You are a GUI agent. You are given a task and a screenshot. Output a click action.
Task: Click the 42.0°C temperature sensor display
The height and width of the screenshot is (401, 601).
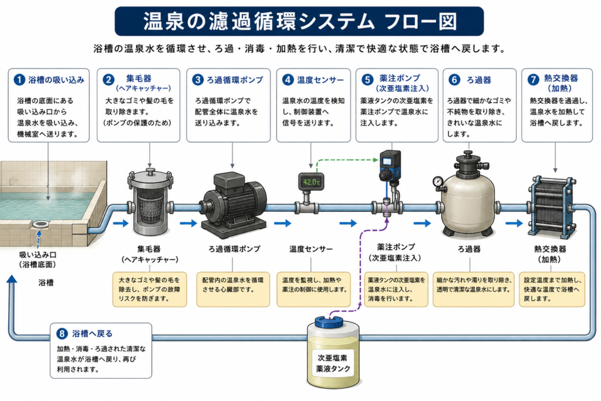tap(311, 182)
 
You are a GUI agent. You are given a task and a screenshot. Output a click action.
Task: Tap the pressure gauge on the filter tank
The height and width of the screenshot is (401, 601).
tap(438, 182)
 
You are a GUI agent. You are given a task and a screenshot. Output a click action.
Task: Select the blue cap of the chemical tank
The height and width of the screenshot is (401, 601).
tap(329, 322)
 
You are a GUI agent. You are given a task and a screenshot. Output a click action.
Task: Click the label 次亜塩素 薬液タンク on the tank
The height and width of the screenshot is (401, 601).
tap(333, 363)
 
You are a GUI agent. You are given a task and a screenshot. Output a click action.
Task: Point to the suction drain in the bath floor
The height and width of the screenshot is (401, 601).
tap(40, 224)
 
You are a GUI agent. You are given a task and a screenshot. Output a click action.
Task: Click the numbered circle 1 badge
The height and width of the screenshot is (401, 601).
tap(19, 80)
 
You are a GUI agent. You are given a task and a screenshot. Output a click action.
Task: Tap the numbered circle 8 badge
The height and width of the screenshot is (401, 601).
tap(62, 333)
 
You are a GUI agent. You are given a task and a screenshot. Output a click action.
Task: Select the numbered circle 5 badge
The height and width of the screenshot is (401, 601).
tap(367, 80)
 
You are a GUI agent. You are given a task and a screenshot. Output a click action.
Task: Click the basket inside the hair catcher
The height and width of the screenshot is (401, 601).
tap(150, 207)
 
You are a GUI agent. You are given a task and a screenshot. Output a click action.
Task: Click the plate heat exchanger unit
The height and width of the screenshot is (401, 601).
tap(552, 207)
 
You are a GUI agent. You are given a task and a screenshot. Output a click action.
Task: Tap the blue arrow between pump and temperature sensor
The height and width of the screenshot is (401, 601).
tap(283, 223)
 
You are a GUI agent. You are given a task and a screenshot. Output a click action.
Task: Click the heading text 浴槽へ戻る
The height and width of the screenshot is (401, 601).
tap(92, 333)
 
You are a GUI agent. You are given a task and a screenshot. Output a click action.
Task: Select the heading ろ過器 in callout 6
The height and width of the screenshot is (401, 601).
tap(479, 80)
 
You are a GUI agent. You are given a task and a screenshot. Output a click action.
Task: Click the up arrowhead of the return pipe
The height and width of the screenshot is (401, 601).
tap(12, 279)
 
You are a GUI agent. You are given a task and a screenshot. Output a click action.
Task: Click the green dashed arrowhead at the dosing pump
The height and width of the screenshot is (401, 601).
tap(376, 160)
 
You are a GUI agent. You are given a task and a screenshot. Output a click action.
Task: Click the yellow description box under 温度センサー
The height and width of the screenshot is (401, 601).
tap(313, 289)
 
